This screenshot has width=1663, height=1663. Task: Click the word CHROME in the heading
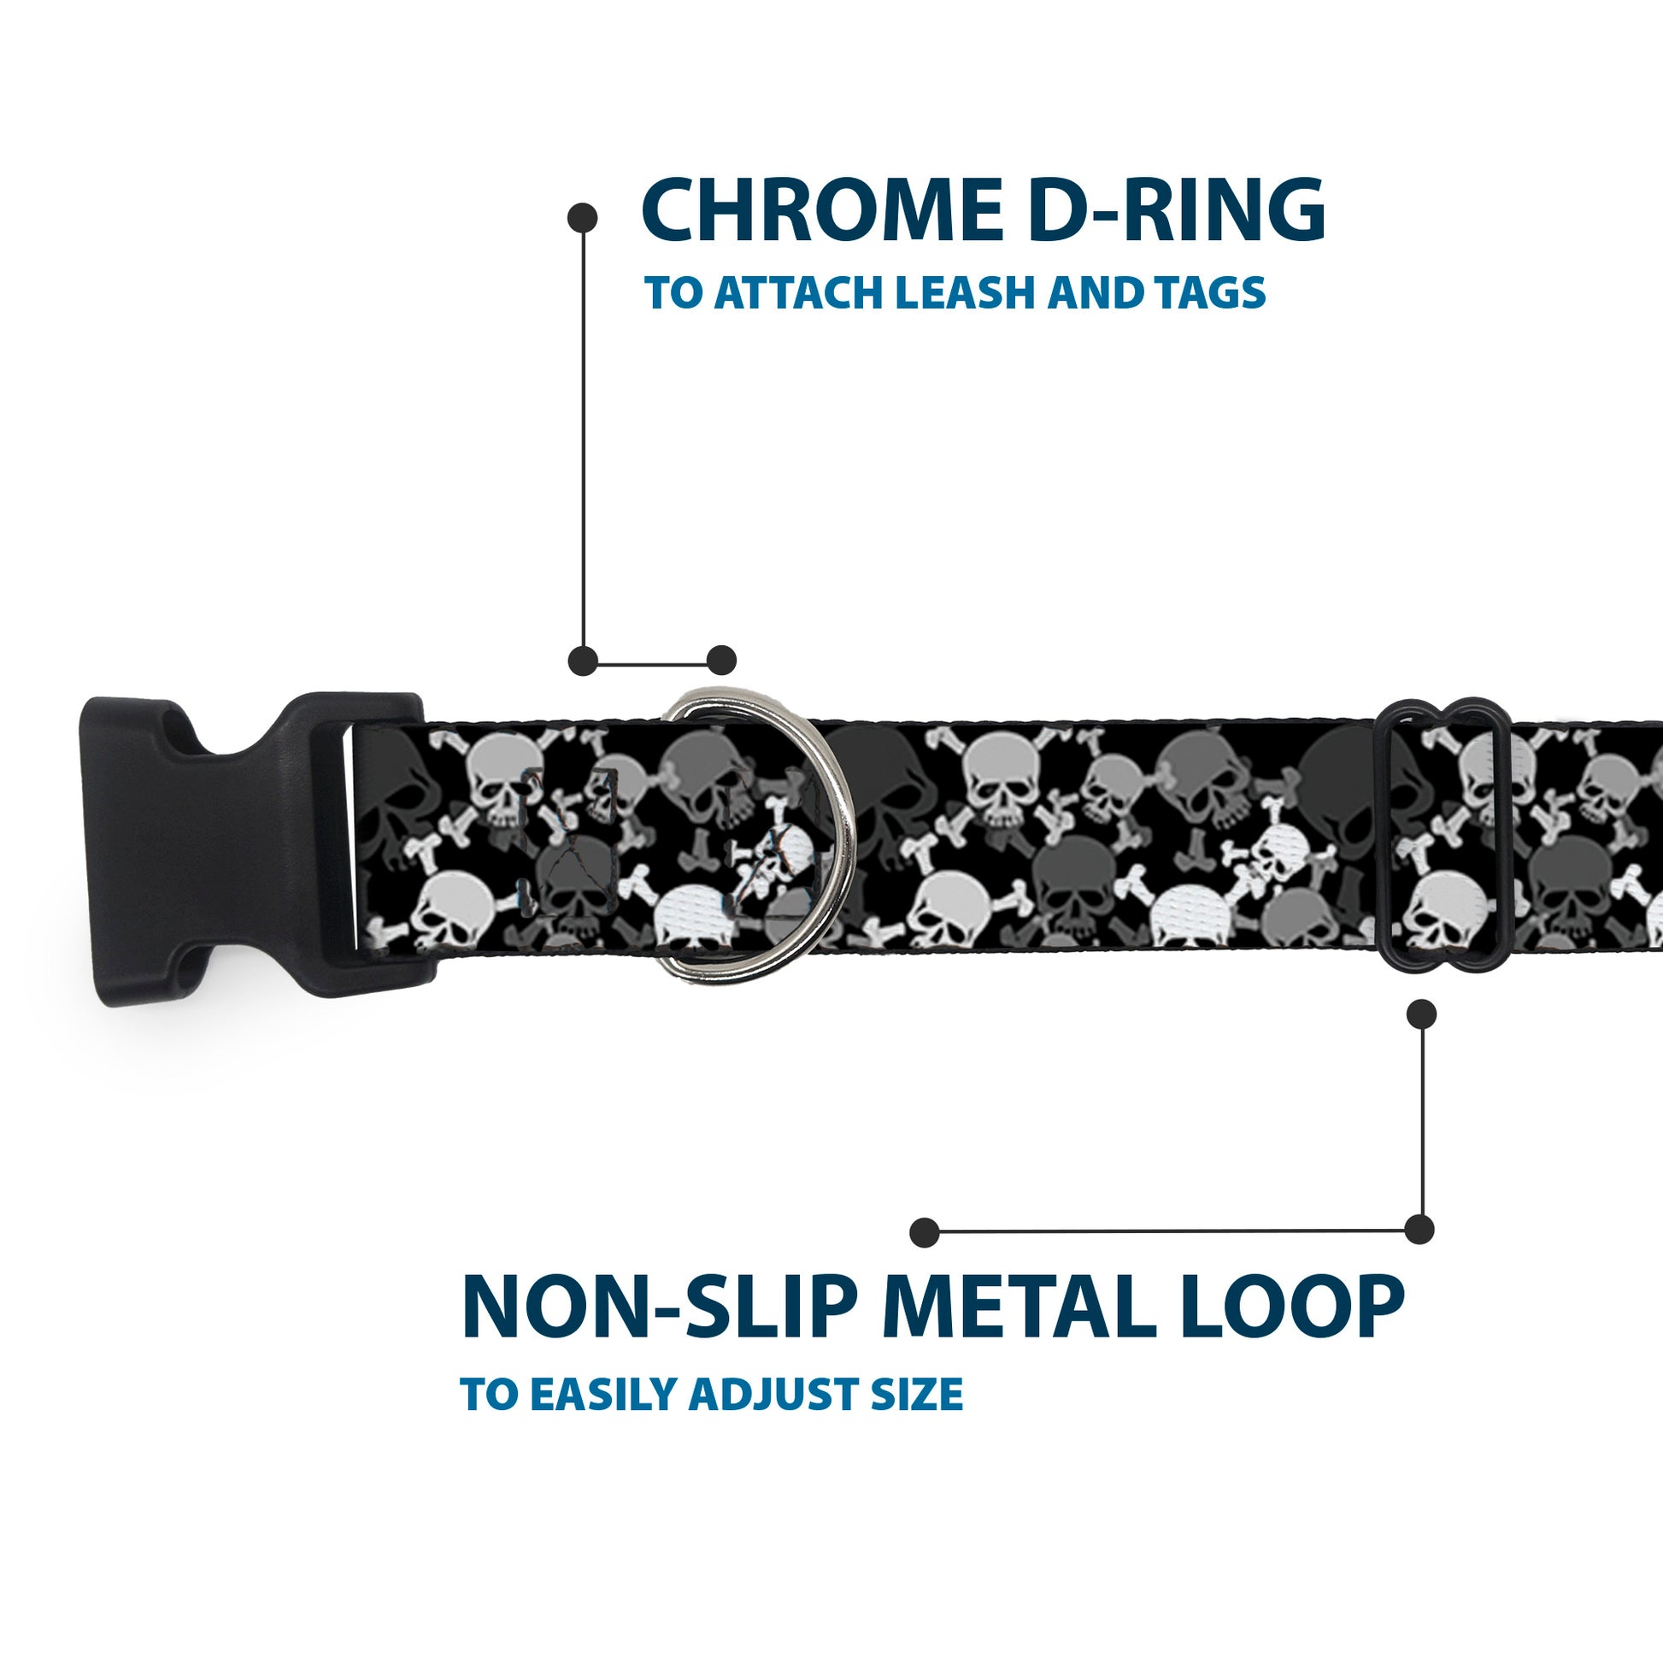click(818, 211)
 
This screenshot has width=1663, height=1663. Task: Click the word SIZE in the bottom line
click(917, 1396)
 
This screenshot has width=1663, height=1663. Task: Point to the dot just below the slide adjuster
click(1421, 1015)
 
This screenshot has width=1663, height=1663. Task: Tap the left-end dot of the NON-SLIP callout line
click(924, 1231)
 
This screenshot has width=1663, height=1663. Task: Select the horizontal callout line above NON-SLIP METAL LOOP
click(1171, 1231)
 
